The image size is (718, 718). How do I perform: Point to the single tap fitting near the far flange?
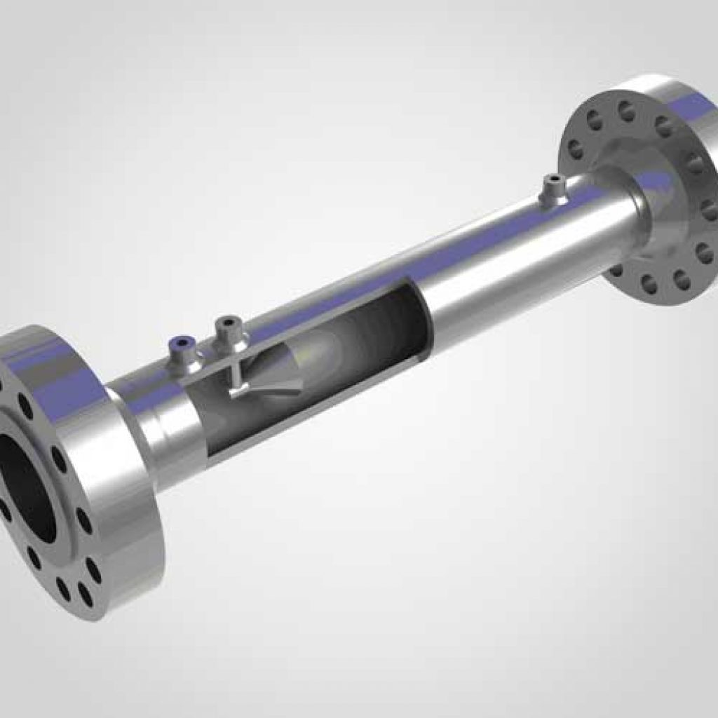tap(555, 190)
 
